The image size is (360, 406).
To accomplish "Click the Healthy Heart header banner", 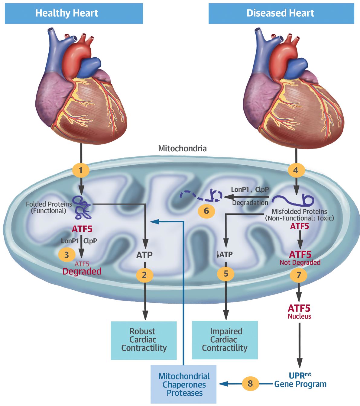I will click(74, 13).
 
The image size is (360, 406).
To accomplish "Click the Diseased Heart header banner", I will click(281, 13).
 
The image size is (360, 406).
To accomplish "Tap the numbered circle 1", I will click(81, 170).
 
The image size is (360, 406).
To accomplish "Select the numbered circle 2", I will click(145, 275).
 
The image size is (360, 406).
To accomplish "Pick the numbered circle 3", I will click(66, 255).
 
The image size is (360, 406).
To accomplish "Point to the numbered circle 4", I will click(296, 170).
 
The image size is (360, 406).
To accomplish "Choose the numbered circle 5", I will click(226, 274).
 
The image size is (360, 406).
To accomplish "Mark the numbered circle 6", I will click(206, 211).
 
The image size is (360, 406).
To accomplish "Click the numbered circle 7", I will click(299, 275).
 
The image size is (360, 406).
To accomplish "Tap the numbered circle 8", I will click(250, 384).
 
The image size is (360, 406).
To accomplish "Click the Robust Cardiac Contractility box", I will click(144, 340).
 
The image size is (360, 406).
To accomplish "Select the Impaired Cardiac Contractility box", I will click(225, 340).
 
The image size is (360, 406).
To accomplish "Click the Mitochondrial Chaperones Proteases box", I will click(184, 384).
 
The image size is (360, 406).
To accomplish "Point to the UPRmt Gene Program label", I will click(300, 380).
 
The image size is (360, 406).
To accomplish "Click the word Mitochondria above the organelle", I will click(182, 149).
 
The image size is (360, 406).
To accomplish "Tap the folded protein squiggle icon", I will click(83, 207).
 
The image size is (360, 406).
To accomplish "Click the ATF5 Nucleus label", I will click(299, 311).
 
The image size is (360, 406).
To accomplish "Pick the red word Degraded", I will click(82, 271).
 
